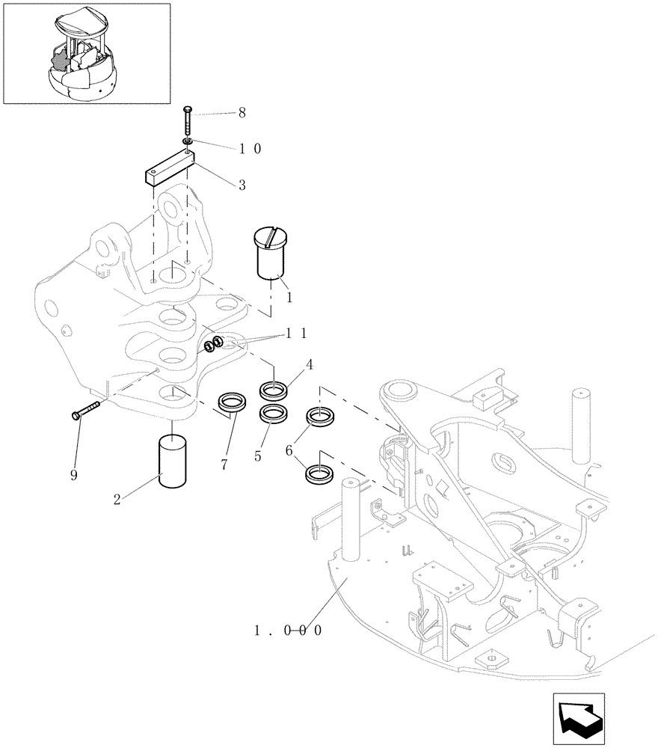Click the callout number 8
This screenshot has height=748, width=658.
(242, 114)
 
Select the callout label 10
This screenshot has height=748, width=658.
(250, 148)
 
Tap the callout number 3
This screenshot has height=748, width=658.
(242, 185)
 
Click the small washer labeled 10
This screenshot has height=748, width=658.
(186, 141)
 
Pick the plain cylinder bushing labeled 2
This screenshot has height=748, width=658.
(173, 463)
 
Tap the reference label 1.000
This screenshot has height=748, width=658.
(288, 630)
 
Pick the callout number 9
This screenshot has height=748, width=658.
(74, 475)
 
